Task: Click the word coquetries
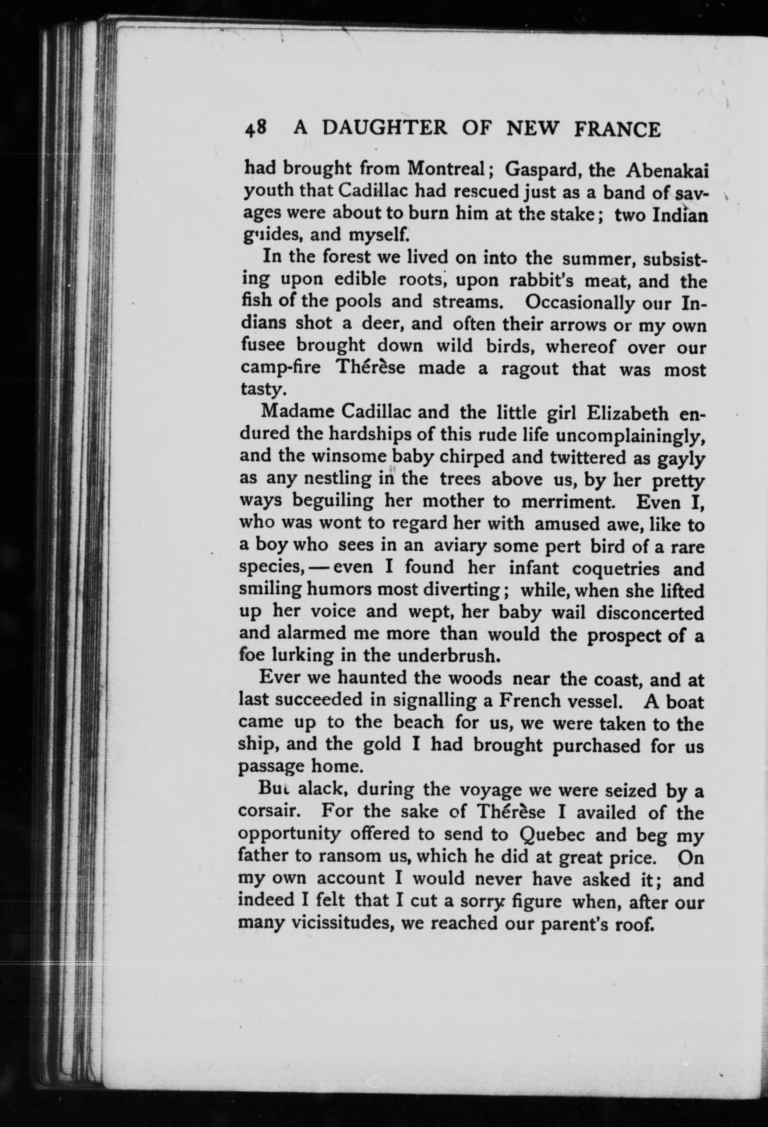616,568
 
